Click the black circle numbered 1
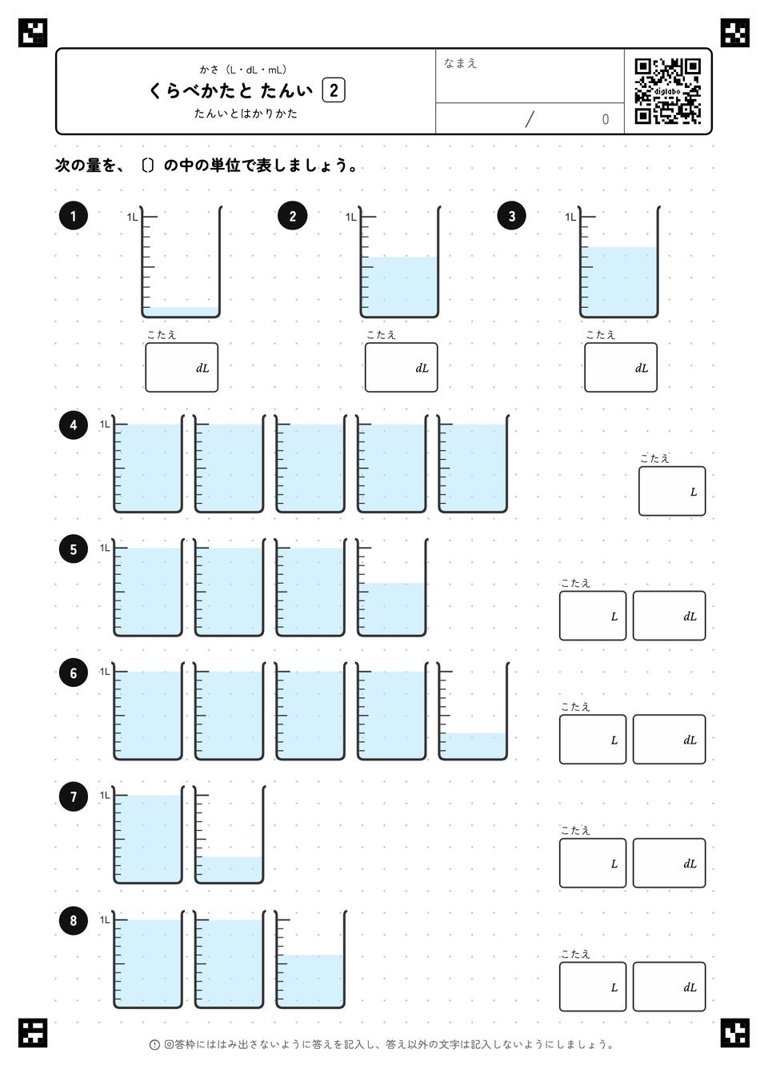(73, 216)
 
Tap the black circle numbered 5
(73, 548)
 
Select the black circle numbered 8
(73, 920)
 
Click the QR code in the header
(667, 91)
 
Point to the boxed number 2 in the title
(334, 90)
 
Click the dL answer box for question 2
(402, 367)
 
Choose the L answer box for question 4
(671, 491)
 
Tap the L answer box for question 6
(593, 739)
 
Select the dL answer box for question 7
(669, 863)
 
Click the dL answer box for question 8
(669, 986)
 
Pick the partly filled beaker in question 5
(391, 587)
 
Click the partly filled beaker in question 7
(229, 834)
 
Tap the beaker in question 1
(181, 262)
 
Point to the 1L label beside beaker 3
(570, 217)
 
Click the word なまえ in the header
(460, 63)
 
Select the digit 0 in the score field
(605, 119)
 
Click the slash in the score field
(530, 119)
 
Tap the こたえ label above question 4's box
(654, 458)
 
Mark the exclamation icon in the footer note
(154, 1044)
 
